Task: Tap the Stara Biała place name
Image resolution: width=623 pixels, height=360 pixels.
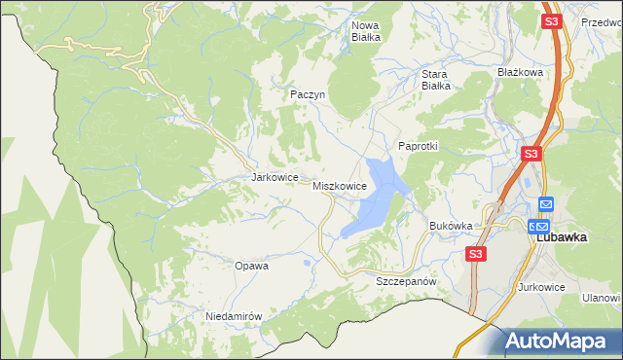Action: [x=434, y=79]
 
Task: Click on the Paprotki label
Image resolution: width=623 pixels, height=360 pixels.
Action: [x=419, y=146]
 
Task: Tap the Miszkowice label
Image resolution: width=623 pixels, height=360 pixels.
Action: [x=340, y=185]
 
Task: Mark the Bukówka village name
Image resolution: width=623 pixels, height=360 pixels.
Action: [x=451, y=226]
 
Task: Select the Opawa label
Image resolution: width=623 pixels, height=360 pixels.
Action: [x=251, y=265]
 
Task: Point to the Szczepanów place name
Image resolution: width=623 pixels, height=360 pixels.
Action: [x=404, y=280]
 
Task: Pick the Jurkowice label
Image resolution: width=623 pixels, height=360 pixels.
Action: [x=542, y=287]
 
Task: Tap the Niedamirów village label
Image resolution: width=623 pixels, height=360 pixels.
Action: [x=235, y=316]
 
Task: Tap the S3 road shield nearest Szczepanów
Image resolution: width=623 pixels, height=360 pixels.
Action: [x=475, y=254]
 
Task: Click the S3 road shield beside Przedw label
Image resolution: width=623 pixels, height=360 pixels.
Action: [x=552, y=21]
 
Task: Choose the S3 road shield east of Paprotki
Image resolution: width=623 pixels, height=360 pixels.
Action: [x=531, y=154]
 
